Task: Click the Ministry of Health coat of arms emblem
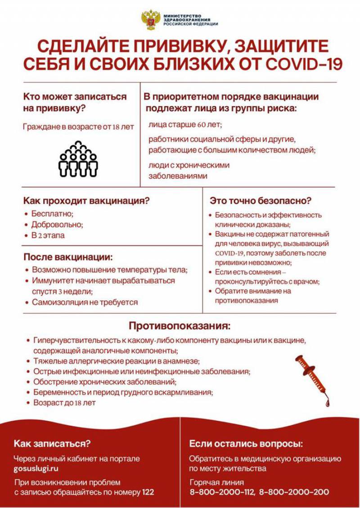pos(151,20)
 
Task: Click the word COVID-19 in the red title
pos(304,63)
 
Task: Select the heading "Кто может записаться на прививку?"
pos(75,102)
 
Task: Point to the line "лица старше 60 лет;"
pos(185,125)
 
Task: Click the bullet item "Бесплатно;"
pos(52,214)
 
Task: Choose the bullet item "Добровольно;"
pos(57,225)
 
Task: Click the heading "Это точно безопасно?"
pos(261,201)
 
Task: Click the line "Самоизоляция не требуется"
pos(85,302)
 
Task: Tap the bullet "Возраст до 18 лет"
pos(64,403)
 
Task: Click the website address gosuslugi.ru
pos(36,468)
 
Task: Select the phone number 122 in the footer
pos(148,492)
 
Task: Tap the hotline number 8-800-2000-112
pos(222,492)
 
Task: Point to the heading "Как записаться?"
pos(52,444)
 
